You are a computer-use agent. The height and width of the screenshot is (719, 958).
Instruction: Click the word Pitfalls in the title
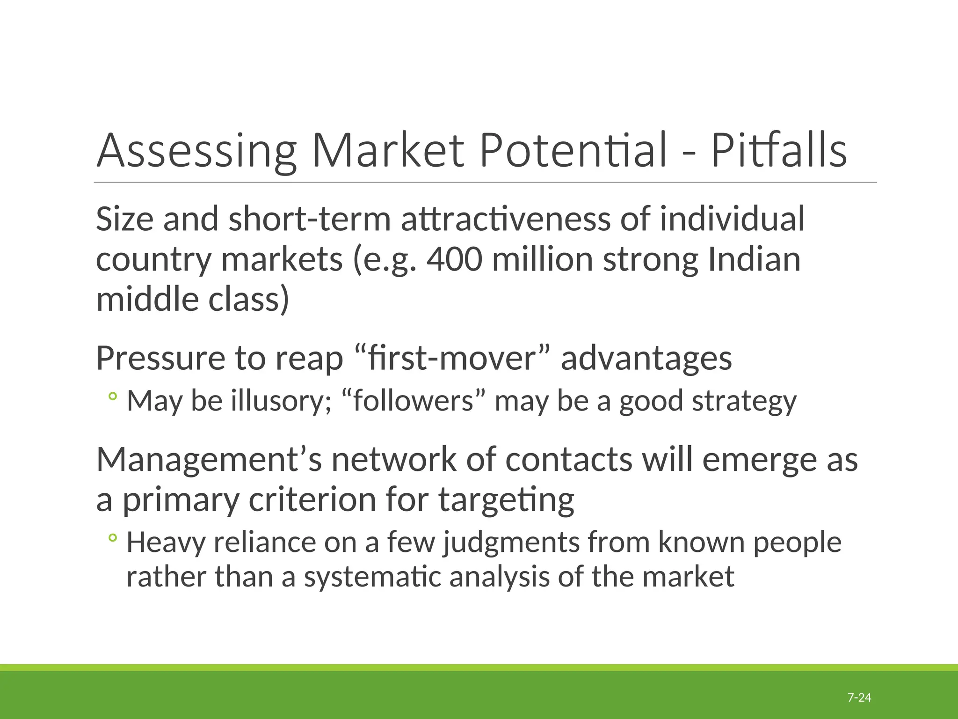click(x=779, y=151)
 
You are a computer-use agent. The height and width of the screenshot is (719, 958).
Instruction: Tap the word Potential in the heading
click(x=573, y=151)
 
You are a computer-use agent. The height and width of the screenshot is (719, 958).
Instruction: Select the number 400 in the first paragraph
click(x=454, y=259)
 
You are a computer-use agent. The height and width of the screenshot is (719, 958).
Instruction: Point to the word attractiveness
click(x=505, y=219)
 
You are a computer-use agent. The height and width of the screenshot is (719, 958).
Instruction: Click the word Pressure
click(x=160, y=358)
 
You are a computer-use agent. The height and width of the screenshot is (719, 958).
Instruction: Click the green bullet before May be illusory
click(x=112, y=397)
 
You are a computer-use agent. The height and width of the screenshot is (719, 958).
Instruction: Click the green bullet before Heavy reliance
click(x=112, y=538)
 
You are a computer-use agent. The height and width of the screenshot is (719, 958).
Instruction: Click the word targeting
click(x=506, y=500)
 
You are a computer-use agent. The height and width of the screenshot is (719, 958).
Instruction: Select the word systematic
click(x=372, y=577)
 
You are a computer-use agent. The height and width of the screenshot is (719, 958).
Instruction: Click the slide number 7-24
click(x=859, y=698)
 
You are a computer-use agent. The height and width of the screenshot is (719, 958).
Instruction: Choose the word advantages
click(x=646, y=359)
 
